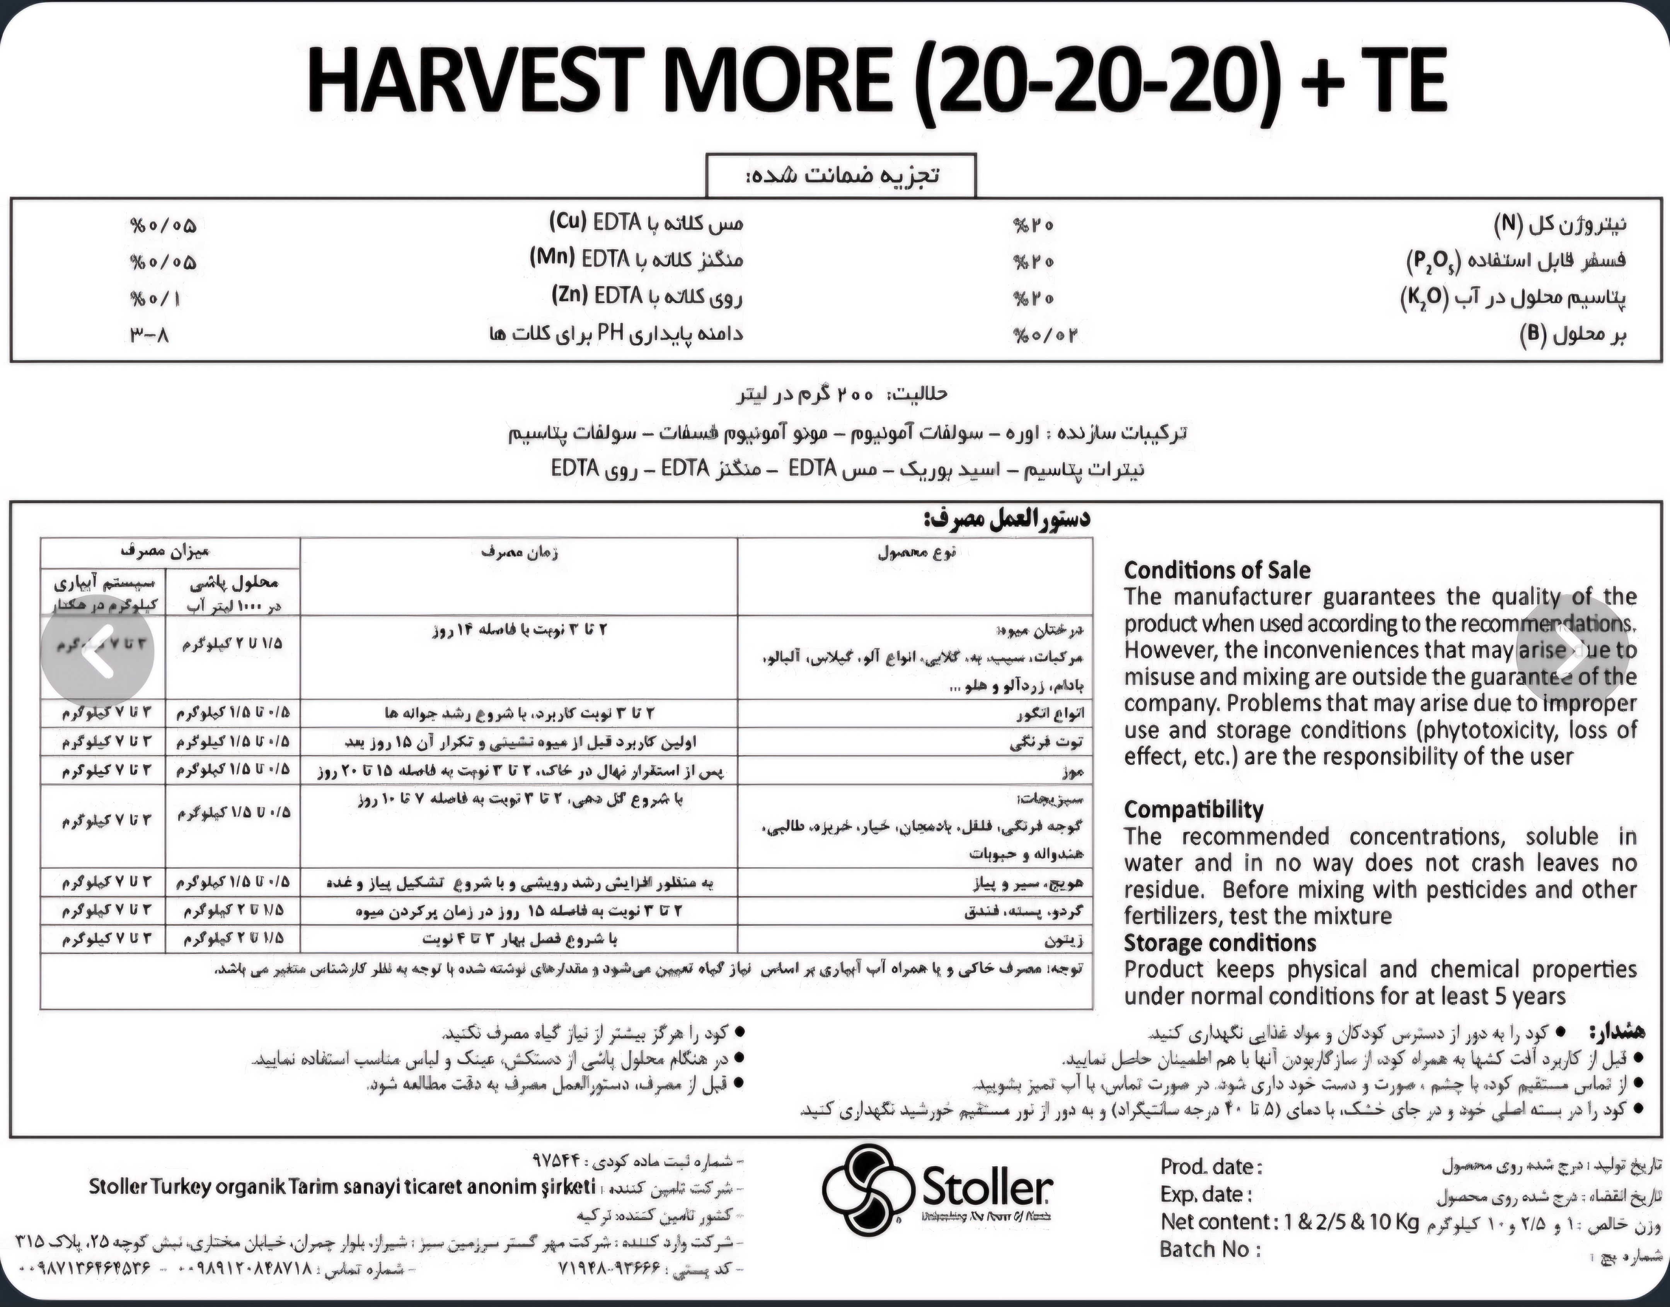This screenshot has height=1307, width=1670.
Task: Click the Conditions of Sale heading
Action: [1216, 570]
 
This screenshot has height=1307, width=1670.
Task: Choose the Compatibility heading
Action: [1193, 810]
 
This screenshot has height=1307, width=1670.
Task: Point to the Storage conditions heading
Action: [1219, 943]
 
